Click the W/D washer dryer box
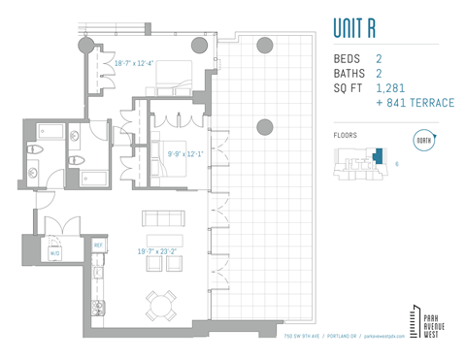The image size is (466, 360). coord(55,252)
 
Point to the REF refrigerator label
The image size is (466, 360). coord(98,245)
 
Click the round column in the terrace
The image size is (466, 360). coord(264,125)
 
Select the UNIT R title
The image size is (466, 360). coord(360,25)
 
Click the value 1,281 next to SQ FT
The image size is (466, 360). coord(393,88)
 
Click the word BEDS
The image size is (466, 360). coord(347,58)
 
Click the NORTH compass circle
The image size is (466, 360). coord(423,140)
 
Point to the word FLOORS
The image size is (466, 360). coord(345,136)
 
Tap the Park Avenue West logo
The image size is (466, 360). coord(423,321)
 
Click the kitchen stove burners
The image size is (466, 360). coord(98,310)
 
